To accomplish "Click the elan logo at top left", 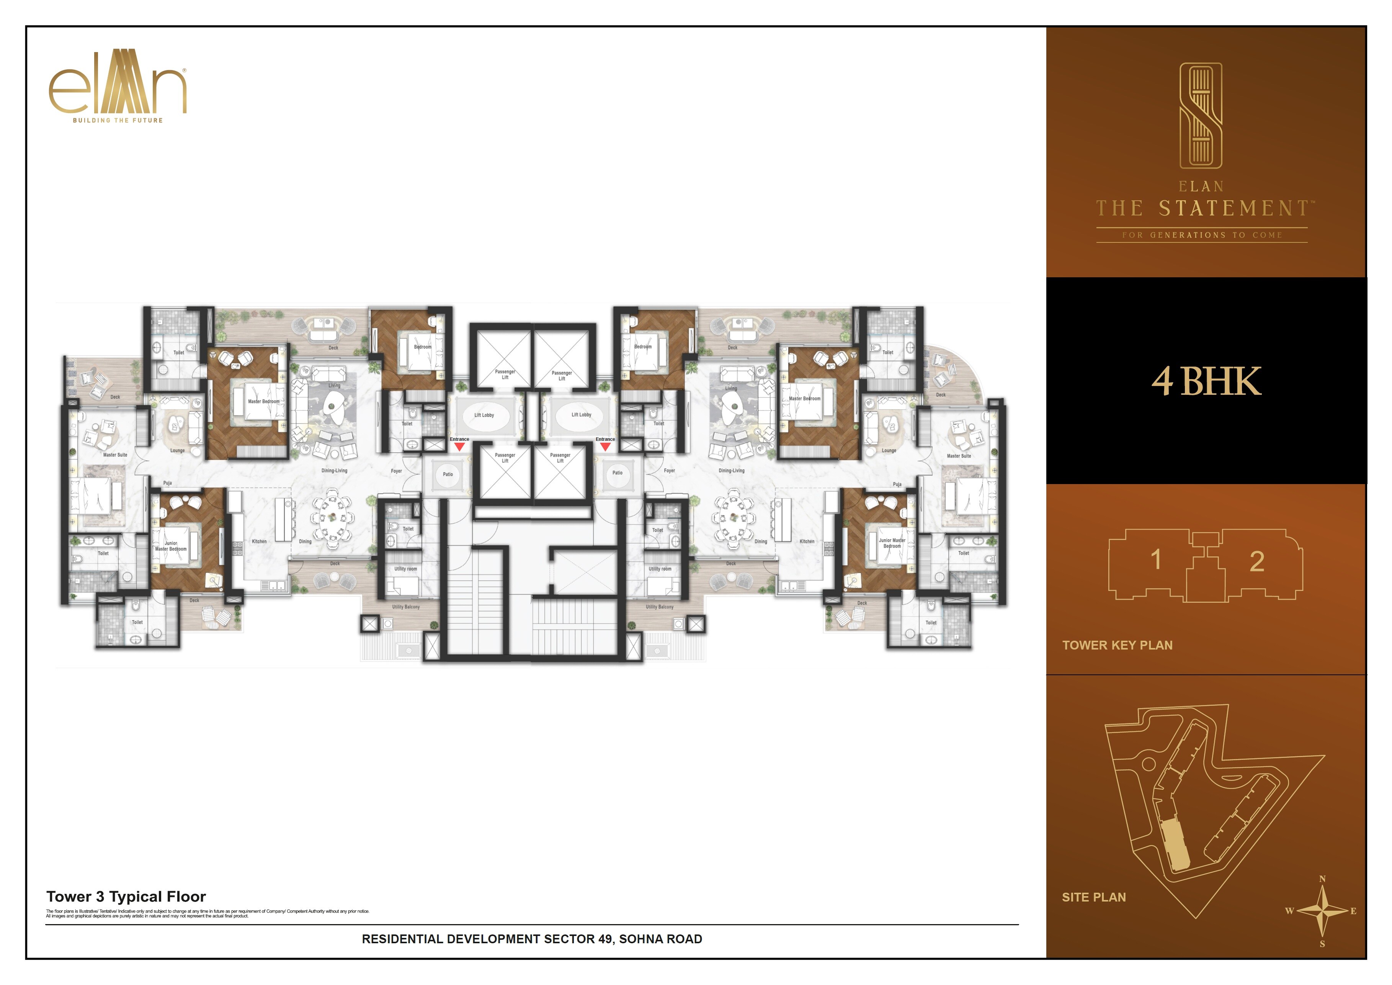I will (118, 85).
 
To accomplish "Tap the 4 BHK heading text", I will (1206, 381).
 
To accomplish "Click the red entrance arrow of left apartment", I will (459, 447).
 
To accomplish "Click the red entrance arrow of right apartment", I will (605, 447).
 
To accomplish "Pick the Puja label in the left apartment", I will (167, 483).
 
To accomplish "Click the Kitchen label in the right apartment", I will (807, 542).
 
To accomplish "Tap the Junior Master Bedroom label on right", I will (892, 543).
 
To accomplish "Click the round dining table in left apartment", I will (332, 517).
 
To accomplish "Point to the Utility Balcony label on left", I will (405, 607).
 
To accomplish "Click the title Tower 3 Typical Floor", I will (126, 897).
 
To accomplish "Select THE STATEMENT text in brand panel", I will (1203, 209).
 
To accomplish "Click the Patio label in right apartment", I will (617, 473).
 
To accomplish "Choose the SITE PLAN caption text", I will (1094, 897).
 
